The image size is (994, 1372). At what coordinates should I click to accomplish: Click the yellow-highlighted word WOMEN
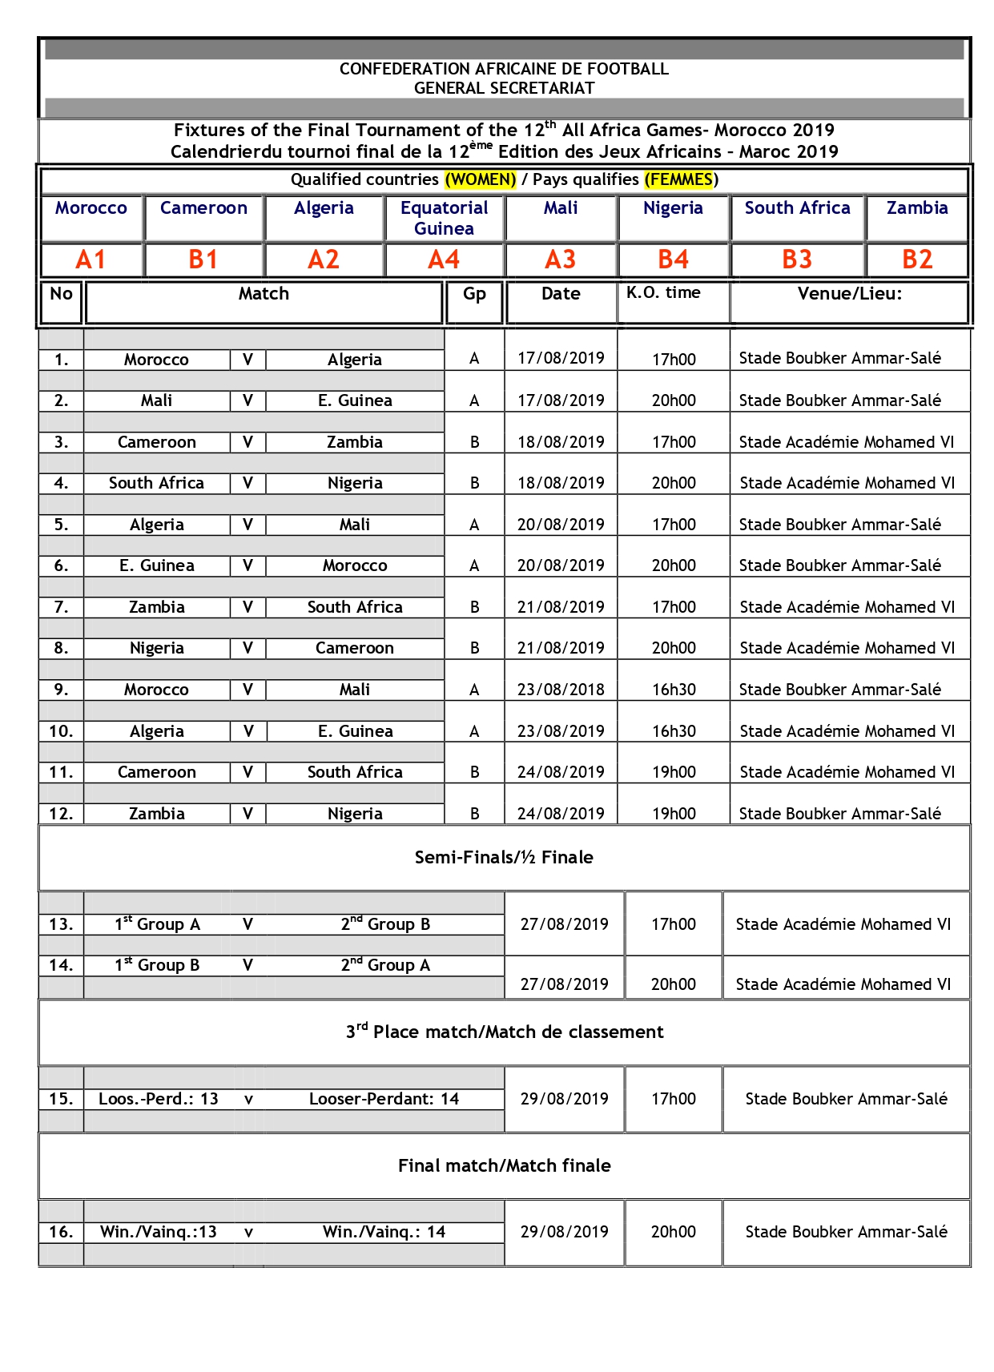click(x=481, y=179)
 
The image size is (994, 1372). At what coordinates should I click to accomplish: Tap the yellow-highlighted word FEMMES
click(x=679, y=179)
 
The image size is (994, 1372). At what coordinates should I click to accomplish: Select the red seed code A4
click(x=444, y=260)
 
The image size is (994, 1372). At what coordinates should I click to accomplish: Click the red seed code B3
click(x=797, y=260)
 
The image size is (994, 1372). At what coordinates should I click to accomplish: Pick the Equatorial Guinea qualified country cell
click(x=444, y=218)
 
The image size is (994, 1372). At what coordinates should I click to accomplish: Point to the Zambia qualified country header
click(x=917, y=208)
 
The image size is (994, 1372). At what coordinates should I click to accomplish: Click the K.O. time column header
click(x=663, y=293)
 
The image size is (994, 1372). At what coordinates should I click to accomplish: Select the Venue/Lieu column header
click(x=849, y=294)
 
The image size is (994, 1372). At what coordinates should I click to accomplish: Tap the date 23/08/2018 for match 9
click(x=561, y=690)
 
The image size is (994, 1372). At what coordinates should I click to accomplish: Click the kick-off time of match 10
click(x=674, y=731)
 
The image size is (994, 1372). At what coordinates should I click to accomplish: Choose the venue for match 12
click(x=839, y=814)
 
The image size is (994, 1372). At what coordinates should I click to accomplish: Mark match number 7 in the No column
click(x=61, y=607)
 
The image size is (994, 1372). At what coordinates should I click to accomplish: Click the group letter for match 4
click(x=475, y=483)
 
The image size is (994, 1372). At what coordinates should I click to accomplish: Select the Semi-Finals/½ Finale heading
click(x=504, y=858)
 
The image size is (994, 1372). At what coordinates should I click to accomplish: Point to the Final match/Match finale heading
click(x=504, y=1166)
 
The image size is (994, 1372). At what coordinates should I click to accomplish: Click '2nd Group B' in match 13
click(x=385, y=924)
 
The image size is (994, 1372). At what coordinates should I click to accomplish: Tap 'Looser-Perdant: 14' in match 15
click(x=384, y=1099)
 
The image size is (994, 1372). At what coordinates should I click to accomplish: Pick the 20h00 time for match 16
click(x=673, y=1232)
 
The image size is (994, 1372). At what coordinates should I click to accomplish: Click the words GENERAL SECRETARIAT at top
click(x=504, y=88)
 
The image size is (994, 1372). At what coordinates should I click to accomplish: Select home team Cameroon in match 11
click(x=156, y=772)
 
